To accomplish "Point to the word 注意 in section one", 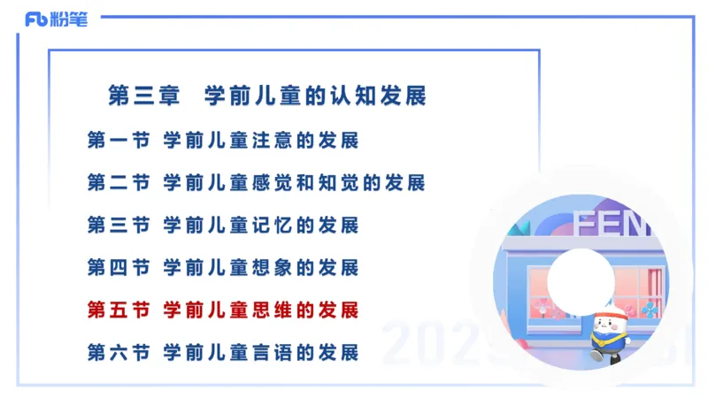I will point(265,140).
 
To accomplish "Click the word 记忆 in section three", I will point(265,225).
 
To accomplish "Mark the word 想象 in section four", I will point(265,267).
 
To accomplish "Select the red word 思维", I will point(265,310).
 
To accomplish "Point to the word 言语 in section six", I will point(265,352).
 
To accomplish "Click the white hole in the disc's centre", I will point(580,278).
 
